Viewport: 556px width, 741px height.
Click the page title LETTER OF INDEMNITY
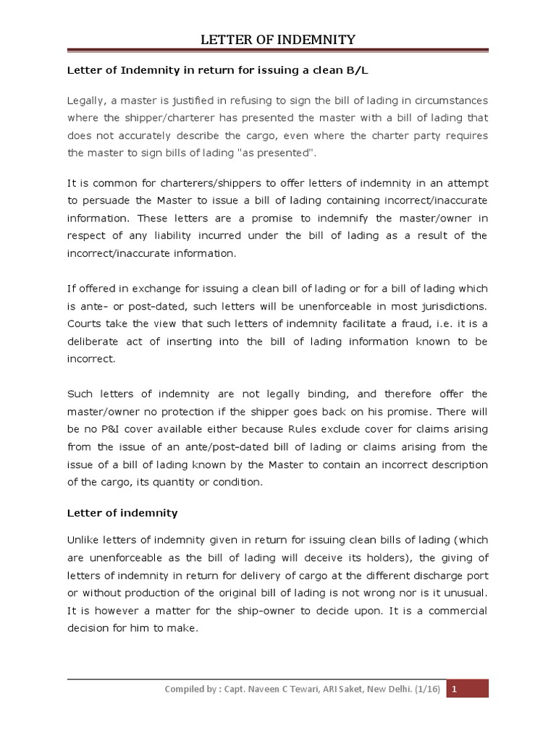(x=278, y=39)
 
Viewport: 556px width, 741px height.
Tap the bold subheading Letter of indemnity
(x=122, y=513)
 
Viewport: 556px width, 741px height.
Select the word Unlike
(x=85, y=541)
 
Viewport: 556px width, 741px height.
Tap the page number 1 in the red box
(x=455, y=689)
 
